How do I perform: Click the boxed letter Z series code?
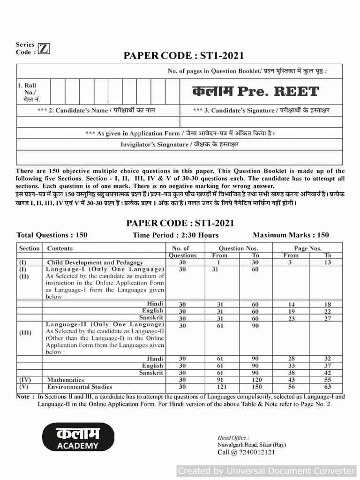44,49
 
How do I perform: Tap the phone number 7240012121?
246,452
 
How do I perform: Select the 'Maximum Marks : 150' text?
291,235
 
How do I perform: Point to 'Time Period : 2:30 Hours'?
175,235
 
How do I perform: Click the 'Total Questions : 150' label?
52,235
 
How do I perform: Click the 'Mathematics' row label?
66,380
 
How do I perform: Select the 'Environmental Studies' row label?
80,387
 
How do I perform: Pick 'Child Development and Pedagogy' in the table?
95,262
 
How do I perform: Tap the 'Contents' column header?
60,248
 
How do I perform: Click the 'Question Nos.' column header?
239,248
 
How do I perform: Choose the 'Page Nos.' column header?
308,248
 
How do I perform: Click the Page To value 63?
328,387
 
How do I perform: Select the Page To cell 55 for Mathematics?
328,380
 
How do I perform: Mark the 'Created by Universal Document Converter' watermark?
267,471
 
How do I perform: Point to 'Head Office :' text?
233,437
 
